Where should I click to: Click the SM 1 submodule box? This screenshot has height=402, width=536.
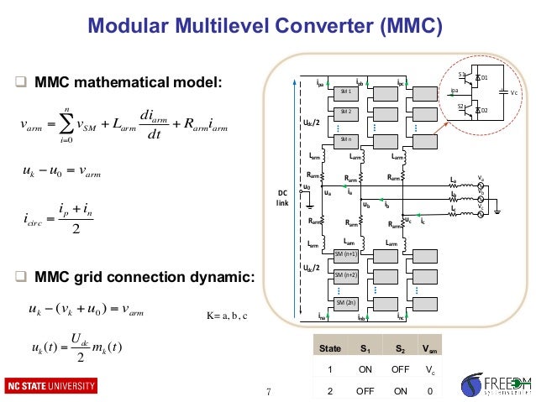[344, 91]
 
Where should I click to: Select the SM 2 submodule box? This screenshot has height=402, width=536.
[344, 111]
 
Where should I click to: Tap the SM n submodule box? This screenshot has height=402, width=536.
[344, 138]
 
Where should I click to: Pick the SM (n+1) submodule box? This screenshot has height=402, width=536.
[345, 253]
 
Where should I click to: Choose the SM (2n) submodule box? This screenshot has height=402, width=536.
[345, 302]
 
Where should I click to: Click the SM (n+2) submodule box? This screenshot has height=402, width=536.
[345, 274]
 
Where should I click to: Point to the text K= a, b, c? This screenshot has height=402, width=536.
[226, 316]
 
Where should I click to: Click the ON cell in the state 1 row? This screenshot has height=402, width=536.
[365, 369]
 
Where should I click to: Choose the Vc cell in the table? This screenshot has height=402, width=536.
[429, 369]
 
